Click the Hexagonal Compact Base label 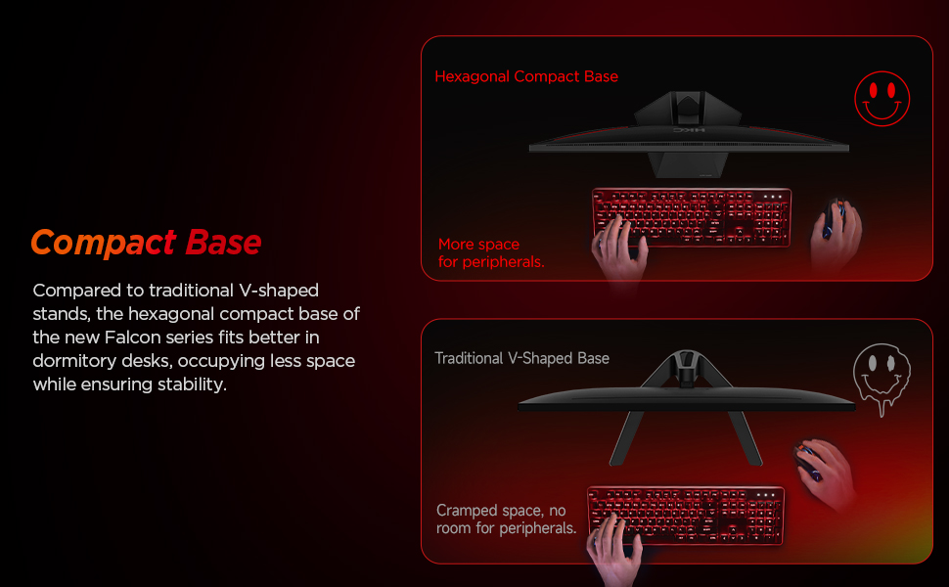tap(526, 76)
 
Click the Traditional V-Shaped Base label tap(521, 358)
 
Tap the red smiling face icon tap(881, 99)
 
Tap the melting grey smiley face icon tap(881, 375)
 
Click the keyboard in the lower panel tap(685, 515)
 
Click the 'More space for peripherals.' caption tap(490, 253)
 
